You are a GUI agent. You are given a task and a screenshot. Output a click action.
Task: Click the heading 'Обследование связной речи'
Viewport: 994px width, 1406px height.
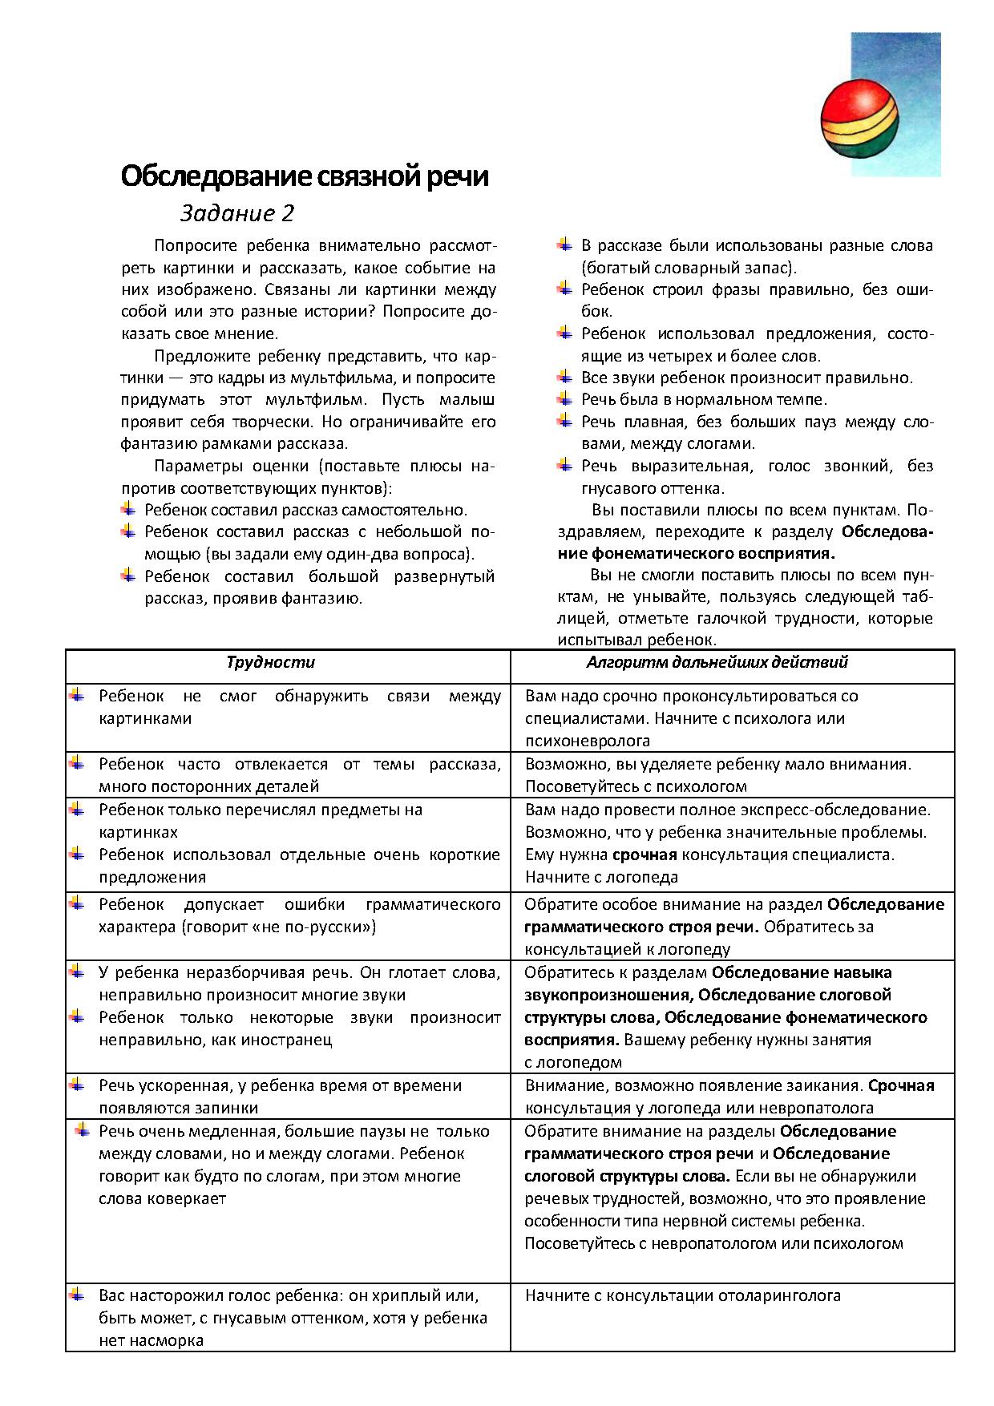point(305,176)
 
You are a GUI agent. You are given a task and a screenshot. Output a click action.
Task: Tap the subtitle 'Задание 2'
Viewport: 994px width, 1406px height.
point(237,213)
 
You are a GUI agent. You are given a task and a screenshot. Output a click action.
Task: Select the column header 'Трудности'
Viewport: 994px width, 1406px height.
point(270,662)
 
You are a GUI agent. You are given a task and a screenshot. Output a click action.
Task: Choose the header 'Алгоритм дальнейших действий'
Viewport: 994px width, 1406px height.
point(717,662)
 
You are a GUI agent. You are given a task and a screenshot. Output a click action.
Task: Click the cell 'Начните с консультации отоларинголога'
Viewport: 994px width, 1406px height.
point(682,1295)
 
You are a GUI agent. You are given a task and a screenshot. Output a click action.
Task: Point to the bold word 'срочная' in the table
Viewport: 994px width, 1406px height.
point(644,855)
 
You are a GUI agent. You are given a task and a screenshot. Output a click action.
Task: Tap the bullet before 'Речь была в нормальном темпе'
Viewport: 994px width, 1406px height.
point(565,398)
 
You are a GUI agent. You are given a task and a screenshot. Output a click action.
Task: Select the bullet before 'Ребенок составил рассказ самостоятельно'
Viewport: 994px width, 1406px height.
point(128,508)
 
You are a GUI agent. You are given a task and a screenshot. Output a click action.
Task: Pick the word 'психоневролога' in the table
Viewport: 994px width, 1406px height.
point(587,741)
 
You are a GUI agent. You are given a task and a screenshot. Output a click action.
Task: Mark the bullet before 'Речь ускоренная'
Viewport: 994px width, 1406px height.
point(77,1084)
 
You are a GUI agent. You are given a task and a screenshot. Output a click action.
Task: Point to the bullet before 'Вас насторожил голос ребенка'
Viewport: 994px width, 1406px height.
point(77,1294)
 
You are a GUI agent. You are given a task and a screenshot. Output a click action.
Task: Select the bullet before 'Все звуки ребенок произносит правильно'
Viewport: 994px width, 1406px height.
point(565,376)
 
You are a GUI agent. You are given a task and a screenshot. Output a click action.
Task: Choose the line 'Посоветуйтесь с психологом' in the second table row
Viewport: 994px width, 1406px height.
point(636,786)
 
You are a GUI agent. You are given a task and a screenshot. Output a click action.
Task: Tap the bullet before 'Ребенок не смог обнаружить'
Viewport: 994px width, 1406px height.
point(77,694)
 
